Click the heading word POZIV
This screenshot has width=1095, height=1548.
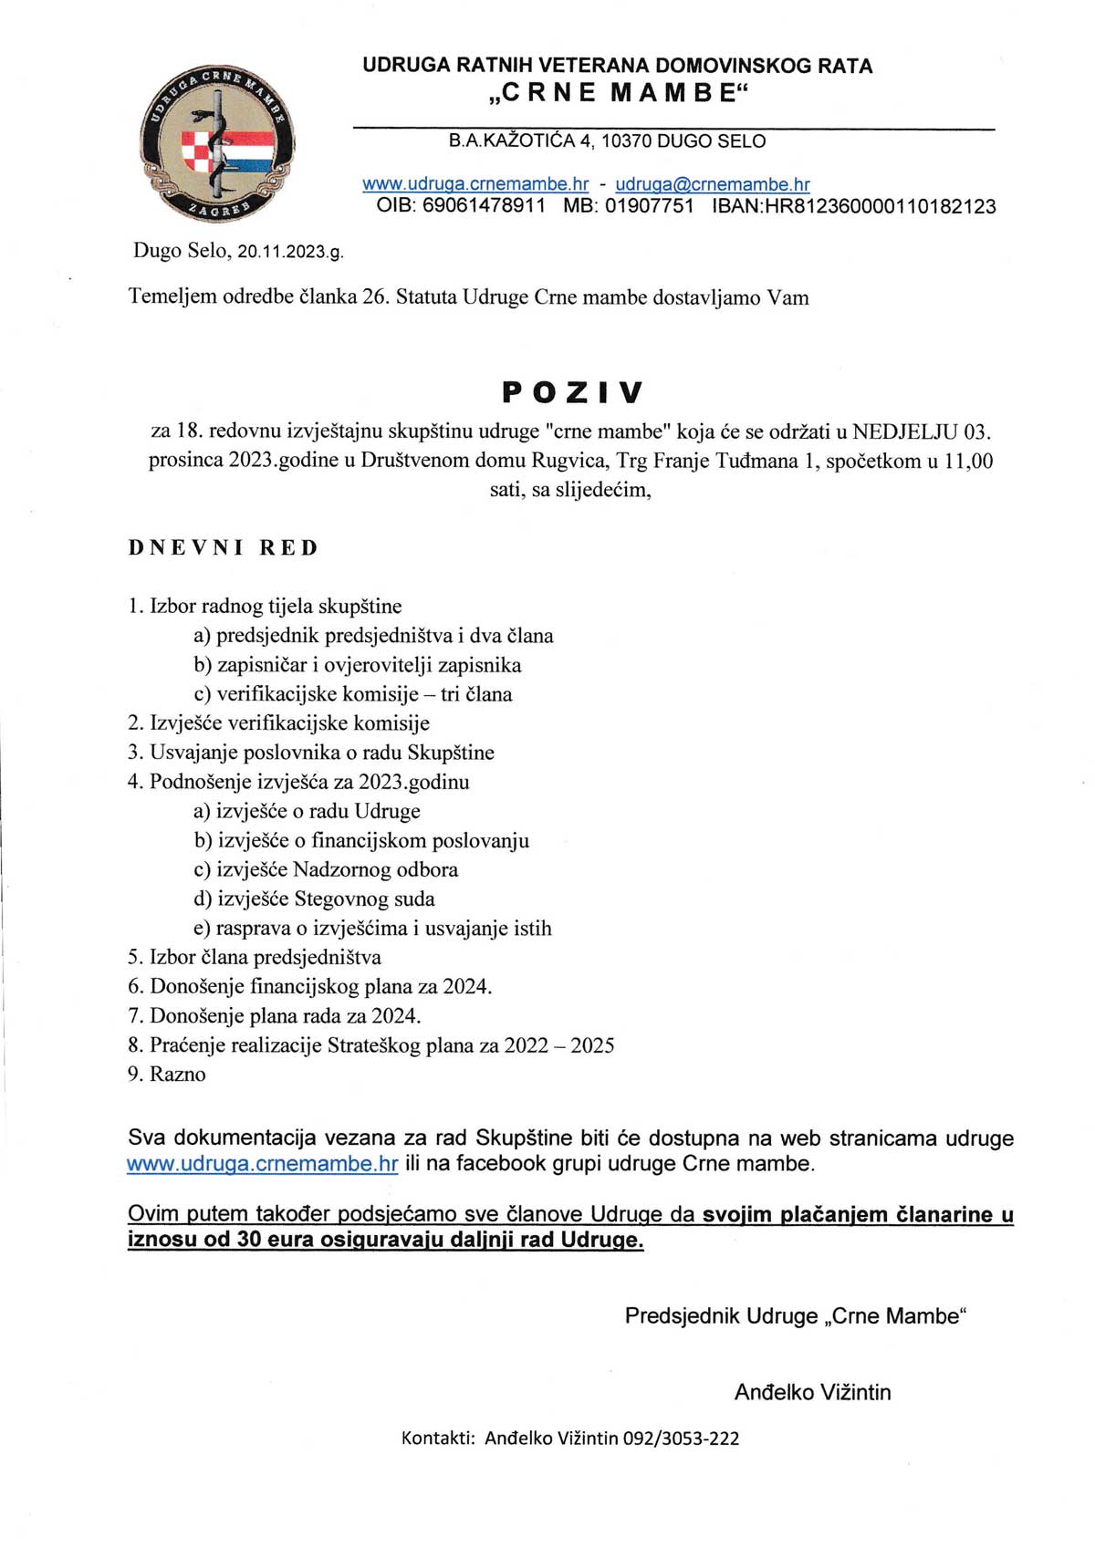572,392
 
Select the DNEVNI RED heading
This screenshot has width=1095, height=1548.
224,548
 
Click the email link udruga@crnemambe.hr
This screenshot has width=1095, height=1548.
713,184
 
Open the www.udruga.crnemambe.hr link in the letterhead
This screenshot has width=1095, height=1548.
475,184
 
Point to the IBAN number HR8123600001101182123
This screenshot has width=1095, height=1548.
880,206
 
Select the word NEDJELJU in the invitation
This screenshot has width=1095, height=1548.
905,431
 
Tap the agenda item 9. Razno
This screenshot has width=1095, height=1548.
167,1075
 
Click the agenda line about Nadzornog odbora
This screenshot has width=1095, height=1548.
326,870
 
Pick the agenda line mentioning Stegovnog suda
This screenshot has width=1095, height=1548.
314,899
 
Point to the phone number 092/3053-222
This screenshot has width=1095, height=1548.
681,1439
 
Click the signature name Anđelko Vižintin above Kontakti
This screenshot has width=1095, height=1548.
812,1392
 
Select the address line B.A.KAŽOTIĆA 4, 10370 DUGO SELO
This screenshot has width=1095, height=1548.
607,141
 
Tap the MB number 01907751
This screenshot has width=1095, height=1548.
649,206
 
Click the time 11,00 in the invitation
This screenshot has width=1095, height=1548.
967,461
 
